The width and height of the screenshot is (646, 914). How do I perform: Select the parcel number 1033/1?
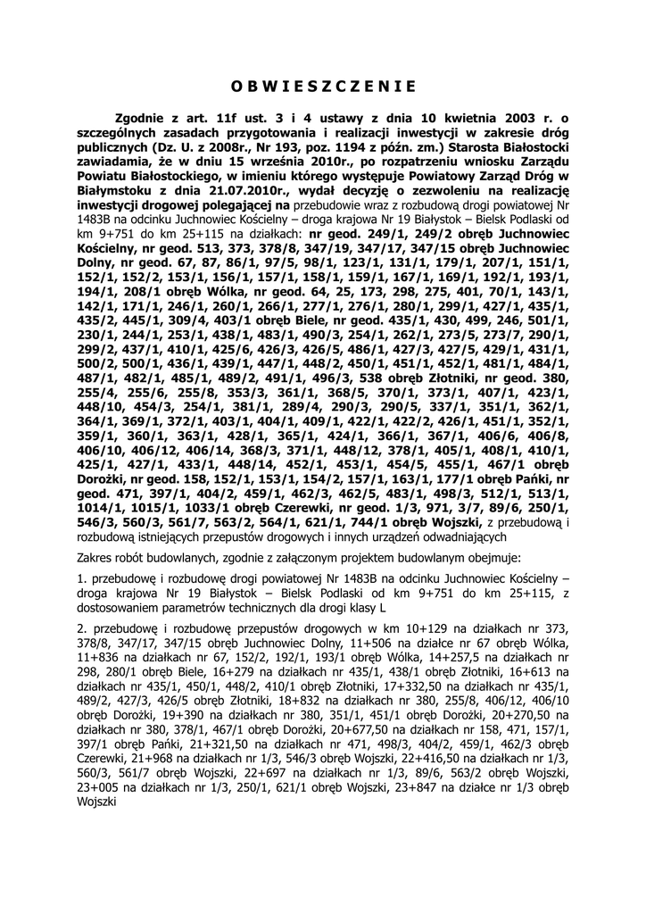coord(205,507)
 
